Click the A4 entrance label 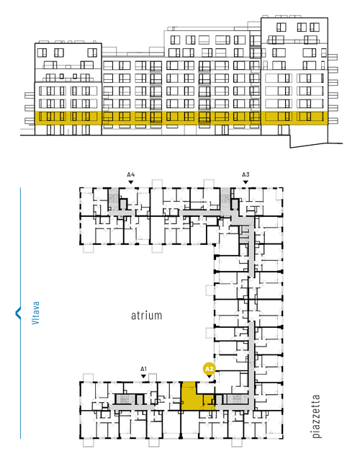pos(131,175)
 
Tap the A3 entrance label pos(246,175)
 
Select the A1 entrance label pos(143,369)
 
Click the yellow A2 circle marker pos(209,369)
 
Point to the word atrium pos(146,316)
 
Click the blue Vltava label pos(35,313)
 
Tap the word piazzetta pos(316,416)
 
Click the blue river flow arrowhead pos(18,313)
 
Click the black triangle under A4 pos(131,182)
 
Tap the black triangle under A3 pos(246,182)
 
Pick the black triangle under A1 pos(143,376)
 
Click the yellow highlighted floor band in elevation pos(181,117)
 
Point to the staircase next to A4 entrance pos(113,199)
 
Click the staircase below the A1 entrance pos(124,399)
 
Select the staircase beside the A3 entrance pos(225,199)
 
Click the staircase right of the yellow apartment pos(238,399)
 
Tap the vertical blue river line pos(20,313)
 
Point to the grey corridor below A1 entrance pos(132,407)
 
